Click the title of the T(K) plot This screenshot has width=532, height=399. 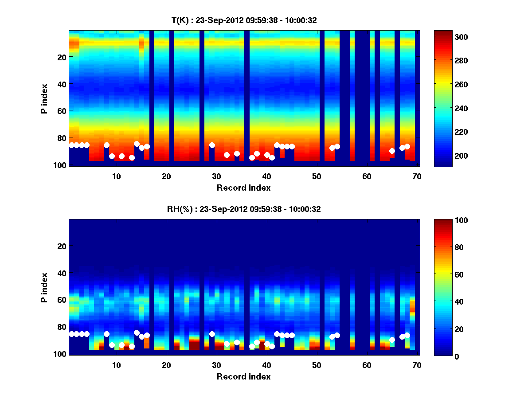pos(244,20)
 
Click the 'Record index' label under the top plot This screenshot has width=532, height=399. pos(243,188)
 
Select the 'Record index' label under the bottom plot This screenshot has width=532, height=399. pos(243,376)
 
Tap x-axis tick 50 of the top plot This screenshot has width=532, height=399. pos(317,176)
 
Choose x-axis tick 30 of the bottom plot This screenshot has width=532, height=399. pos(216,365)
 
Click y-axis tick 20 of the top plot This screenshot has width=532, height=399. pos(62,57)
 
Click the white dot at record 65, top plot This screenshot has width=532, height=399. pos(392,151)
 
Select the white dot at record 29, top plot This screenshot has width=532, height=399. pos(212,145)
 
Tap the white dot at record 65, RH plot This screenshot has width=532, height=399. pos(392,340)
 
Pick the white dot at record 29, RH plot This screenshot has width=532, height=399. pos(212,334)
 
